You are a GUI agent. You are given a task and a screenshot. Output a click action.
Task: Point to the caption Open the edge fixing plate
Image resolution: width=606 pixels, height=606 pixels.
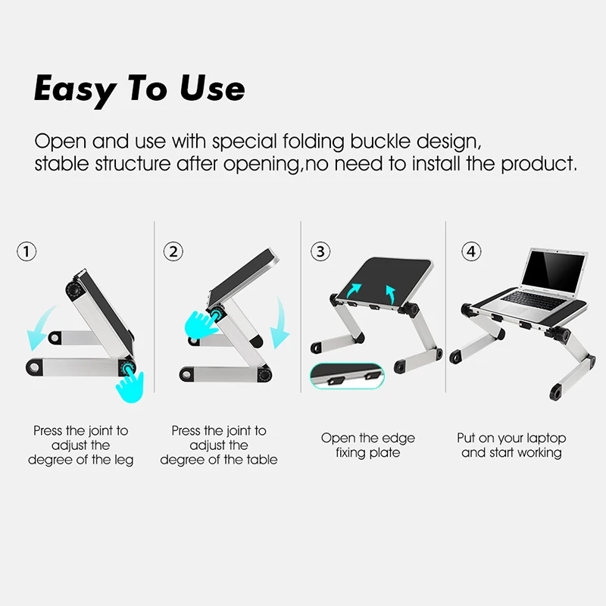point(367,445)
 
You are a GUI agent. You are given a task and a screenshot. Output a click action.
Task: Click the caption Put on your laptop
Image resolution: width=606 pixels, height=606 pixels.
point(511,438)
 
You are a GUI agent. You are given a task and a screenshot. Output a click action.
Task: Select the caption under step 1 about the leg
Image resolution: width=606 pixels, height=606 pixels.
point(80,445)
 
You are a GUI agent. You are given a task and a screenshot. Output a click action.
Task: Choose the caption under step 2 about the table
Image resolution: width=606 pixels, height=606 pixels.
point(218,445)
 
